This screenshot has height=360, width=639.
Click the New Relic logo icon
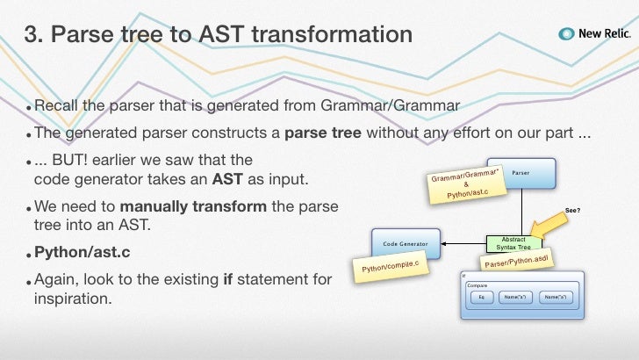tap(566, 34)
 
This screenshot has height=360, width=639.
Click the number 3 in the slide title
tap(33, 34)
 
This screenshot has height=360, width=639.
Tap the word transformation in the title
tap(332, 34)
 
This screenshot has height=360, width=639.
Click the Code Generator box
tap(406, 244)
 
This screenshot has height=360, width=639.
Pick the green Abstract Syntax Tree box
tap(513, 243)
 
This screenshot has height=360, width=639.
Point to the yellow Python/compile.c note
tap(391, 267)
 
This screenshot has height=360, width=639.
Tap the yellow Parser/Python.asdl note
tap(517, 261)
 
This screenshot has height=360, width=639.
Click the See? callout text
tap(572, 211)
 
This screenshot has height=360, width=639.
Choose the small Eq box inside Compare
tap(482, 297)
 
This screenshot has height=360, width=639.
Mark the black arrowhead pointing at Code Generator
tap(443, 244)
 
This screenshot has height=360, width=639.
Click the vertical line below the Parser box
tap(521, 212)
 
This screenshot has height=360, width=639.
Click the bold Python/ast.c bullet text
tap(83, 252)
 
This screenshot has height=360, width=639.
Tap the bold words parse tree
tap(323, 133)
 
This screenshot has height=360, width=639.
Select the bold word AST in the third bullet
tap(227, 179)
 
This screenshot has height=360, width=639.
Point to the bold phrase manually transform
tap(193, 206)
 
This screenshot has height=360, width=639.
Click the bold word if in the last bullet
tap(228, 279)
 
